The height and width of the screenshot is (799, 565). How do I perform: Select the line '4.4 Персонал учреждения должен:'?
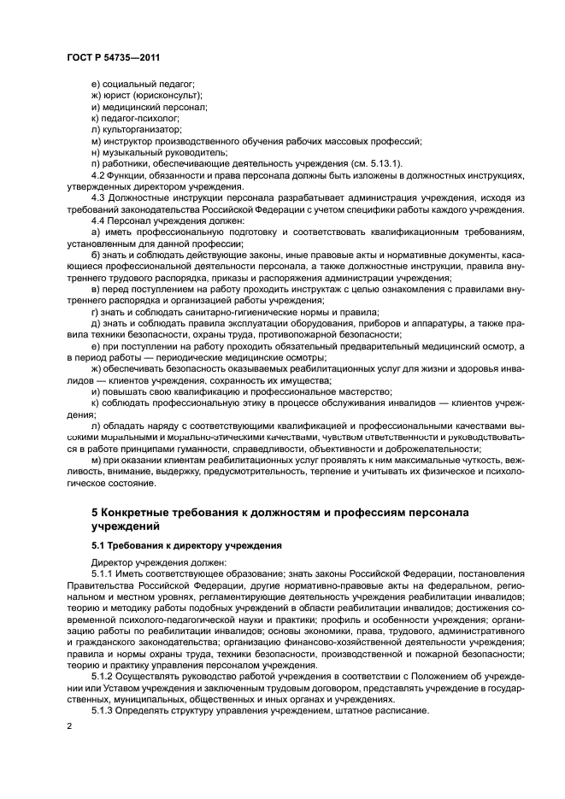tap(159, 219)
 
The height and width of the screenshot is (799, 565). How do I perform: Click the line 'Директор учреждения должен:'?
tap(147, 561)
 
